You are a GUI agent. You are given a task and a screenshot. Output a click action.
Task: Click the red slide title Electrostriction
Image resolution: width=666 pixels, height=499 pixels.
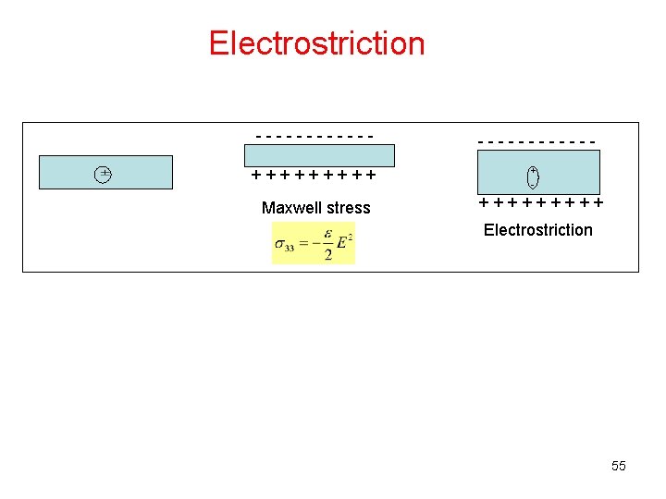pyautogui.click(x=316, y=43)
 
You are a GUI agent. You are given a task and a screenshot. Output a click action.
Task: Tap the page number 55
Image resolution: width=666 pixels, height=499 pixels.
pyautogui.click(x=619, y=466)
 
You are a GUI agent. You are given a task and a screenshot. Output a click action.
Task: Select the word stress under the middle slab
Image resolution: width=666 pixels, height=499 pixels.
pyautogui.click(x=349, y=208)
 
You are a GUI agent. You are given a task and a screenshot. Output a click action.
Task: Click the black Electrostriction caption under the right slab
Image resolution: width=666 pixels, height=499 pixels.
pyautogui.click(x=537, y=230)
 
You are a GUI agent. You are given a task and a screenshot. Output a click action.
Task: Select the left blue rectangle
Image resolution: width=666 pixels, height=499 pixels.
pyautogui.click(x=105, y=173)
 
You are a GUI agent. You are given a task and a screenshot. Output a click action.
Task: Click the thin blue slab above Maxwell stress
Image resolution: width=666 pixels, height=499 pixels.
pyautogui.click(x=319, y=155)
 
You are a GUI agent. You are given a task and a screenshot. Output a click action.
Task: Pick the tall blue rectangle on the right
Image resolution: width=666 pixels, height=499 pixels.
pyautogui.click(x=537, y=172)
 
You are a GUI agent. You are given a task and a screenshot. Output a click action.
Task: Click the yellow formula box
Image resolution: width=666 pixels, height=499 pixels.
pyautogui.click(x=314, y=243)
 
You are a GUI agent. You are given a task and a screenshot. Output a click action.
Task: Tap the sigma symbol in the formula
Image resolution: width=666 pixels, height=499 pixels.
pyautogui.click(x=279, y=244)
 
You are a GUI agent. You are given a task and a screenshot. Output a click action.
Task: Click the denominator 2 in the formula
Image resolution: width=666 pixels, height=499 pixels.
pyautogui.click(x=327, y=254)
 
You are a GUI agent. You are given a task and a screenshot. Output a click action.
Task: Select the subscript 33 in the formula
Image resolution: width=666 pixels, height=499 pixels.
pyautogui.click(x=290, y=248)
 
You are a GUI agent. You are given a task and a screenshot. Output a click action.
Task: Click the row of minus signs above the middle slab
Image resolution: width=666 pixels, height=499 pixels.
pyautogui.click(x=314, y=137)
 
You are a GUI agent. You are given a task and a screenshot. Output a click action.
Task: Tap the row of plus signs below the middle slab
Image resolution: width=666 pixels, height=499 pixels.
pyautogui.click(x=314, y=175)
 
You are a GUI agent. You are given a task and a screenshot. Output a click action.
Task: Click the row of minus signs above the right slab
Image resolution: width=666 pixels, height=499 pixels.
pyautogui.click(x=536, y=141)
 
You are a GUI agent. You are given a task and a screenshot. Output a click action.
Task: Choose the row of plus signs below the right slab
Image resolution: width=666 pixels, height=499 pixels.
pyautogui.click(x=541, y=202)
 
